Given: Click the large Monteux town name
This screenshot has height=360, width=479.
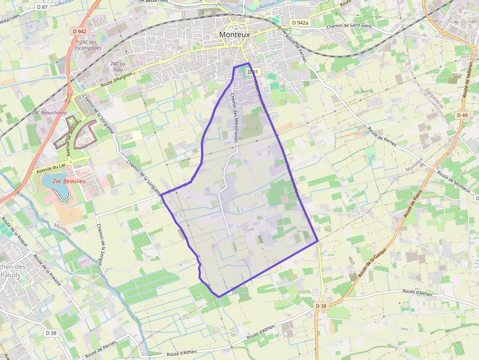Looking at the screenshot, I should (234, 35).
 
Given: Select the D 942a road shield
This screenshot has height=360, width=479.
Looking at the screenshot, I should (300, 22).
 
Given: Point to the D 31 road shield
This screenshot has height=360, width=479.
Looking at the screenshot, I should (252, 72).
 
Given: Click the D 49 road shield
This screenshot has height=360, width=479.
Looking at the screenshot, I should (462, 115).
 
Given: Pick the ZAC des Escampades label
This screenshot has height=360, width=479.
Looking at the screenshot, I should (89, 45).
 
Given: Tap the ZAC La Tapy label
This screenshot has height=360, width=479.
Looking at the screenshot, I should (117, 66).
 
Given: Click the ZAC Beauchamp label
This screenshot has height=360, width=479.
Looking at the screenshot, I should (49, 112).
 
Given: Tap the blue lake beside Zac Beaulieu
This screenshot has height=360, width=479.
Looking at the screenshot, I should (55, 188).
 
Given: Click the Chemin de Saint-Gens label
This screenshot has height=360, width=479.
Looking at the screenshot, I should (349, 25).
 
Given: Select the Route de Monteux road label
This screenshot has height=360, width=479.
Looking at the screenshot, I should (454, 181).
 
